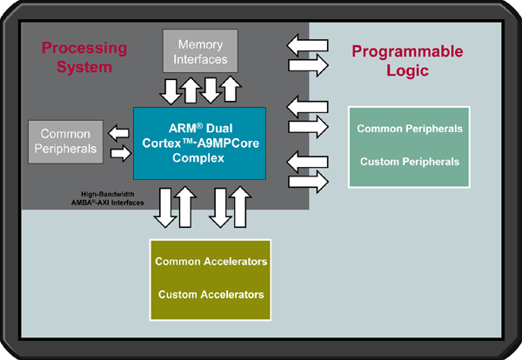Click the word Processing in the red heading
[x=84, y=49]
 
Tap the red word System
[x=84, y=67]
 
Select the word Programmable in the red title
[x=407, y=52]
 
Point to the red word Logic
[x=407, y=70]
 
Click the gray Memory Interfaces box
[x=200, y=51]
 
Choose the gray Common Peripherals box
[x=65, y=142]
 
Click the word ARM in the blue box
[x=182, y=129]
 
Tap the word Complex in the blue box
[x=198, y=157]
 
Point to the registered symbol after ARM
[x=199, y=126]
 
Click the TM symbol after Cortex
[x=187, y=141]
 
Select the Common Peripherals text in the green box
[x=410, y=129]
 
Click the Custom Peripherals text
[x=410, y=162]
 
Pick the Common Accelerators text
[x=211, y=262]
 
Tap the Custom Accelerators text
[x=211, y=295]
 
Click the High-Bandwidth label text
[x=108, y=194]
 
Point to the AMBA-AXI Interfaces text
[x=108, y=203]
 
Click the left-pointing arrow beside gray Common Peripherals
[x=118, y=133]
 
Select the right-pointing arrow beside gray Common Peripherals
[x=121, y=153]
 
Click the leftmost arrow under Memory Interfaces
[x=171, y=92]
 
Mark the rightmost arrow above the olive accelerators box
[x=240, y=207]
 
